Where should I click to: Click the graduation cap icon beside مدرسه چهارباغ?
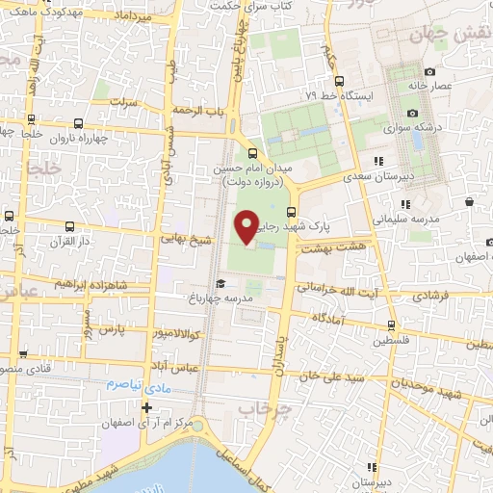pyautogui.click(x=221, y=283)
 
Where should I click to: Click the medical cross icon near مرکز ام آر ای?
pyautogui.click(x=146, y=409)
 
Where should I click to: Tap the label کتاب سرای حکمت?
pyautogui.click(x=245, y=6)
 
